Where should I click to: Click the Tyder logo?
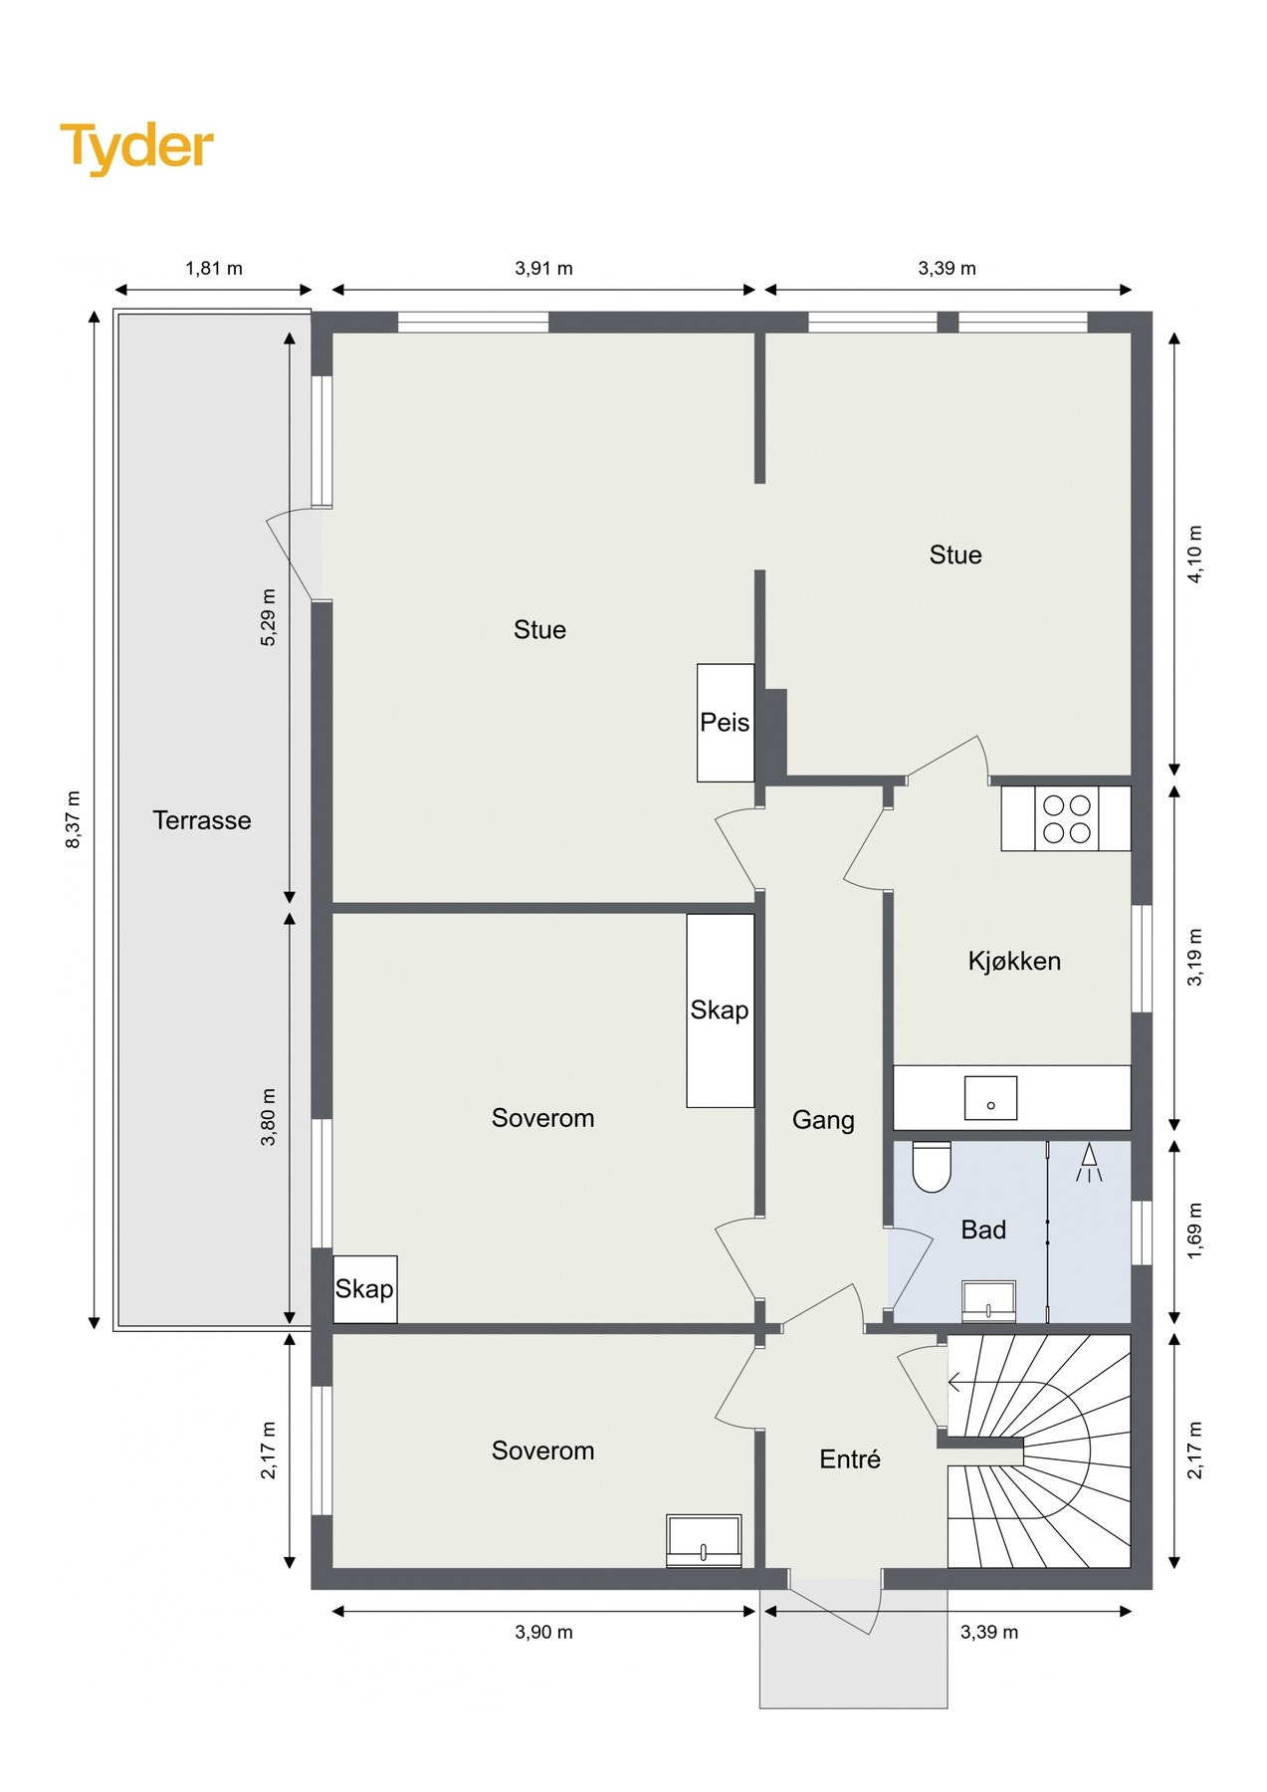(136, 146)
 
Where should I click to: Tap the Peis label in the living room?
(725, 723)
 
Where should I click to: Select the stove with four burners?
(1066, 819)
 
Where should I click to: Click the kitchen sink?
(990, 1097)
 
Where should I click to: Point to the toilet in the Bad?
(932, 1168)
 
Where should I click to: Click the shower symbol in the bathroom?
(1089, 1162)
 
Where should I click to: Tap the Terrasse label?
(202, 820)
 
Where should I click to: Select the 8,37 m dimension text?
(73, 819)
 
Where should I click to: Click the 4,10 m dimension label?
(1195, 555)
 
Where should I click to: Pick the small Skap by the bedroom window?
(364, 1289)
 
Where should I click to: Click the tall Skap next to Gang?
(720, 1009)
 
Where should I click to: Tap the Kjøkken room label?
(1014, 961)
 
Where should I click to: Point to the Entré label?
(850, 1459)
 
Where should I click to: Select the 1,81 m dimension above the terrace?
(214, 269)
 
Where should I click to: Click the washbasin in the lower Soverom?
(704, 1540)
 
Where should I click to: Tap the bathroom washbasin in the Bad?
(988, 1301)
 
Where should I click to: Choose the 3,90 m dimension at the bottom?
(543, 1632)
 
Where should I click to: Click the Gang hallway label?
(823, 1120)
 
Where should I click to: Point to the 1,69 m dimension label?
(1195, 1231)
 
